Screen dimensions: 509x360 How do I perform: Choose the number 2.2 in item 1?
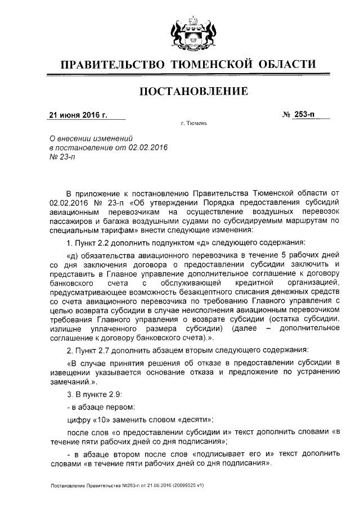pos(106,242)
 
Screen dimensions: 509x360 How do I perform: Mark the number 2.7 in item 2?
pos(106,350)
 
